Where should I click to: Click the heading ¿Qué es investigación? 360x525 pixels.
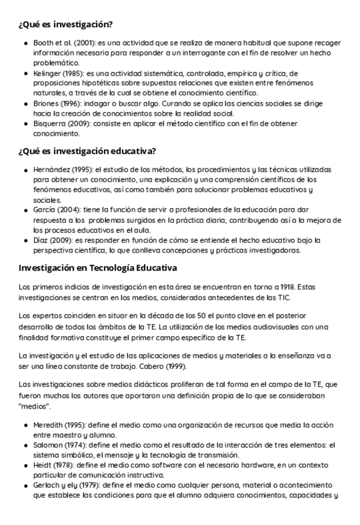click(65, 25)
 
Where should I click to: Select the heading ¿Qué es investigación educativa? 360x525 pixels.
click(87, 151)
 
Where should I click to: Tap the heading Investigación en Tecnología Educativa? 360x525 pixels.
click(98, 268)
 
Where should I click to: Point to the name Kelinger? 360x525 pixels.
click(46, 73)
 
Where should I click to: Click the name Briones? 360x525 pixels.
click(45, 103)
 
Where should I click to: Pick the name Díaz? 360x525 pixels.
click(41, 240)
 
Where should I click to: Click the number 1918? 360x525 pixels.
click(286, 287)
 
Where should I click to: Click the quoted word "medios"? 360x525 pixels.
click(35, 407)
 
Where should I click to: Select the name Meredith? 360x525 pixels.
click(49, 425)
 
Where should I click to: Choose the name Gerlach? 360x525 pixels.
click(47, 485)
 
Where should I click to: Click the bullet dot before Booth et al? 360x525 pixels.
click(25, 44)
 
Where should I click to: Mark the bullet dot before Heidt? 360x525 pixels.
click(25, 466)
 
